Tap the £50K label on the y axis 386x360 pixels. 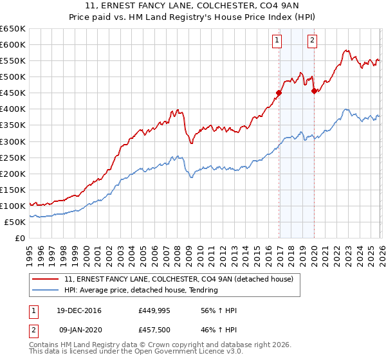(15, 222)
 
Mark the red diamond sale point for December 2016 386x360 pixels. (279, 93)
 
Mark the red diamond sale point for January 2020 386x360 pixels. (314, 91)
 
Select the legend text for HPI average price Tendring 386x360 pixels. (141, 290)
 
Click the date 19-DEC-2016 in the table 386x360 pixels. (78, 311)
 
